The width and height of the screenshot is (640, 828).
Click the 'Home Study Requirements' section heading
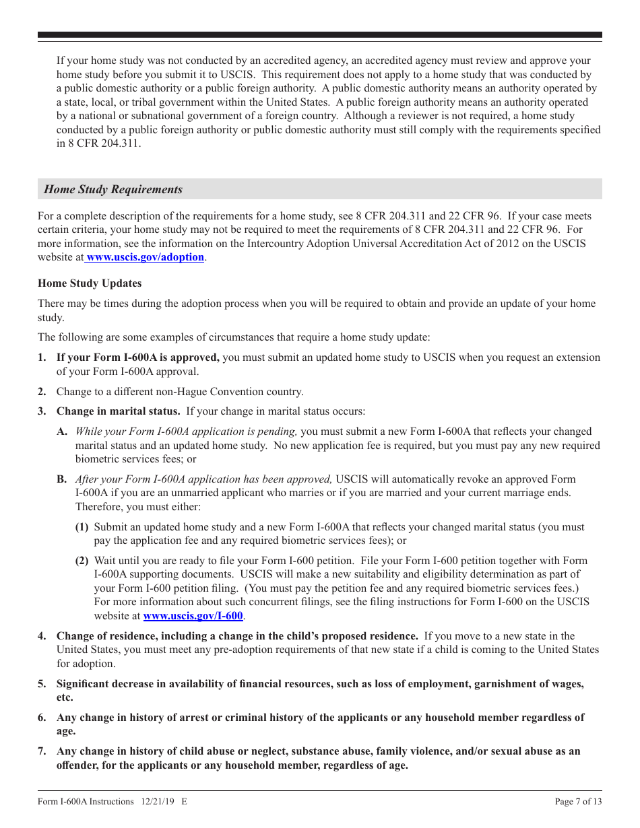click(x=113, y=189)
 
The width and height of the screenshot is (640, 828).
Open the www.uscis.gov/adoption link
click(x=145, y=257)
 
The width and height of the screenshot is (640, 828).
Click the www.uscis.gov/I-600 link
click(x=193, y=615)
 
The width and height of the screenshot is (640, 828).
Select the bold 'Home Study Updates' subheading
click(x=90, y=283)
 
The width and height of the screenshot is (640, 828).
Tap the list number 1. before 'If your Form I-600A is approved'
click(x=42, y=357)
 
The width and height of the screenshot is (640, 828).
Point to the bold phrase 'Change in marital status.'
click(x=118, y=411)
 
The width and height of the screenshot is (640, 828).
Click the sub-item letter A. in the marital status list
click(x=61, y=432)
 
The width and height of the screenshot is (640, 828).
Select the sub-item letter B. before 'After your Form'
click(x=61, y=479)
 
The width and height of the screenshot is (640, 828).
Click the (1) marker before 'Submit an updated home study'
click(x=82, y=527)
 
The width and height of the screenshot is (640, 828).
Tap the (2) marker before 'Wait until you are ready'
click(x=82, y=561)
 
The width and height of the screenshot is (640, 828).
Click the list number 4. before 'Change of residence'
click(x=42, y=636)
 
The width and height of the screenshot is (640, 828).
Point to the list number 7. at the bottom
click(x=42, y=751)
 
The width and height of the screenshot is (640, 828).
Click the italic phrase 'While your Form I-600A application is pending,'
click(x=186, y=432)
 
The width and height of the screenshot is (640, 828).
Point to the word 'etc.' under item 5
click(x=65, y=698)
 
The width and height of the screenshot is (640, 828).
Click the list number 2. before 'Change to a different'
click(x=42, y=392)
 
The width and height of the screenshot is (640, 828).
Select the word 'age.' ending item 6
click(x=66, y=732)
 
